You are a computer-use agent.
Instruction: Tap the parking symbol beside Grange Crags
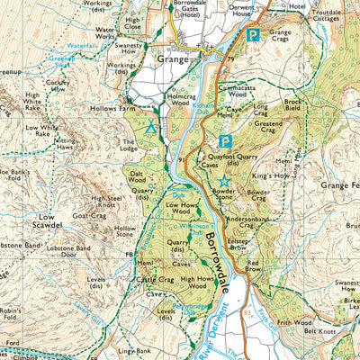254,35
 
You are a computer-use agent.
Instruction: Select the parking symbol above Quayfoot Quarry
226,141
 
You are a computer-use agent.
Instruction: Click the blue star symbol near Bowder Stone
223,182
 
